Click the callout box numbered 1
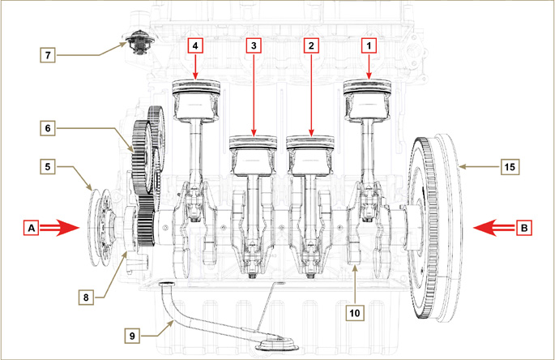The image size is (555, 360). click(x=369, y=46)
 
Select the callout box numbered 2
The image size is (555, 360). click(x=310, y=46)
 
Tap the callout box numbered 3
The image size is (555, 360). click(x=254, y=46)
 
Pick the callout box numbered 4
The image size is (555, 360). click(x=196, y=46)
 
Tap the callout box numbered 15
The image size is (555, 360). click(x=509, y=166)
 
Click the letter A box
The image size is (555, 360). click(x=32, y=229)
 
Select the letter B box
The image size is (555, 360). click(x=524, y=229)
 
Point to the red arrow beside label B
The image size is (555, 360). click(x=491, y=229)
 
